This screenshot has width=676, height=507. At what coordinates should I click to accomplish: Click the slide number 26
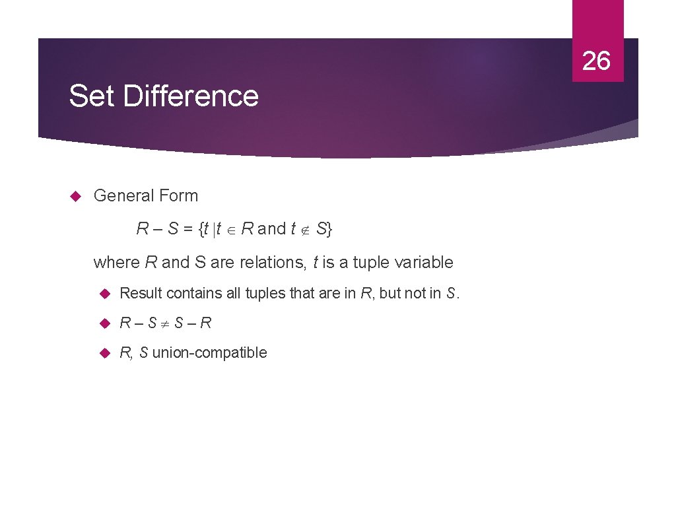coord(596,61)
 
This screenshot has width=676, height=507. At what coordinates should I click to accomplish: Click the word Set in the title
coord(92,96)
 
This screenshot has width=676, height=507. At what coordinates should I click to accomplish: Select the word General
coord(121,196)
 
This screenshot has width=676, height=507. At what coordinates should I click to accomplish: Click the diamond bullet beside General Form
coord(75,196)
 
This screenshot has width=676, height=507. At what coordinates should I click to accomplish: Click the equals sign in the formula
coord(187,230)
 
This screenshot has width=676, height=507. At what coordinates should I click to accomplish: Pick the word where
coord(117,263)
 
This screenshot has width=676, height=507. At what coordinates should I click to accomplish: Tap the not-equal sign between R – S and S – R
coord(166,323)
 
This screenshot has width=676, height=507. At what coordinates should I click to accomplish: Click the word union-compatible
coord(209,353)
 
